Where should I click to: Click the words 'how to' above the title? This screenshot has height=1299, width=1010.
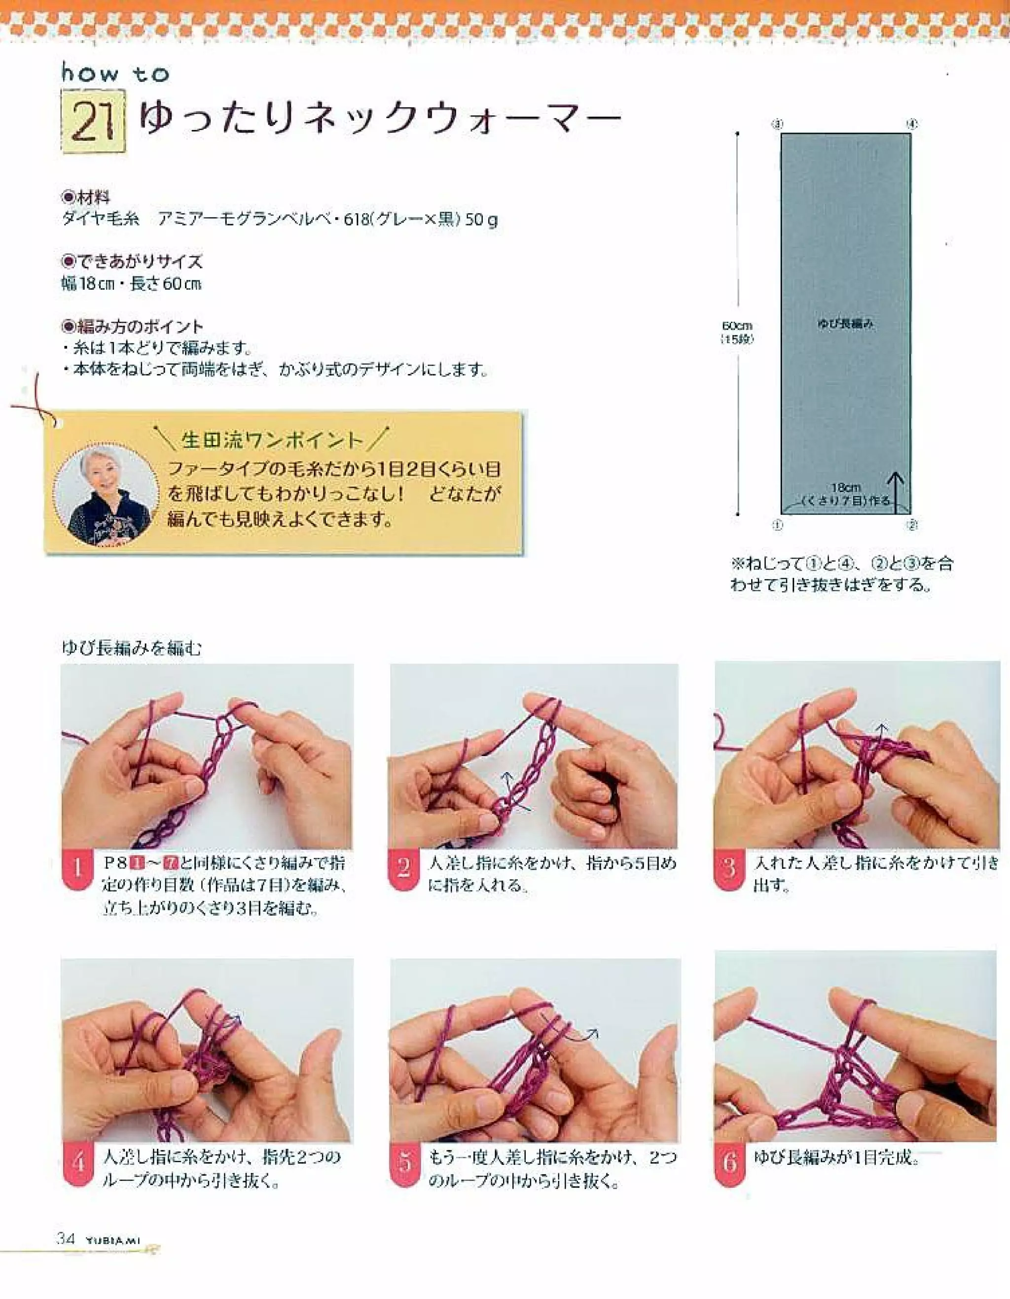115,74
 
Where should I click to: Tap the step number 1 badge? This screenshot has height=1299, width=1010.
78,870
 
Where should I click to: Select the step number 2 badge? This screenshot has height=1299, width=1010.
403,870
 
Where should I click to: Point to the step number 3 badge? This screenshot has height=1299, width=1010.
729,870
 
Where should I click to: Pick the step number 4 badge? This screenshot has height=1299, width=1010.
78,1163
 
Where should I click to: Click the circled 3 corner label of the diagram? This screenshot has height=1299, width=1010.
777,124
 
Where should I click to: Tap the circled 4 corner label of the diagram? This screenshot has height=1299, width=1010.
912,124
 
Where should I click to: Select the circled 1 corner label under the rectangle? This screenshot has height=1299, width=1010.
777,525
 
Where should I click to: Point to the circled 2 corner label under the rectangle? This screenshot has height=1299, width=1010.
912,525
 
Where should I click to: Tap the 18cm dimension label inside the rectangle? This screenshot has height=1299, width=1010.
845,488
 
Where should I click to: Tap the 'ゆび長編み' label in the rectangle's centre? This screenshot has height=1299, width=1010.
845,324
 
